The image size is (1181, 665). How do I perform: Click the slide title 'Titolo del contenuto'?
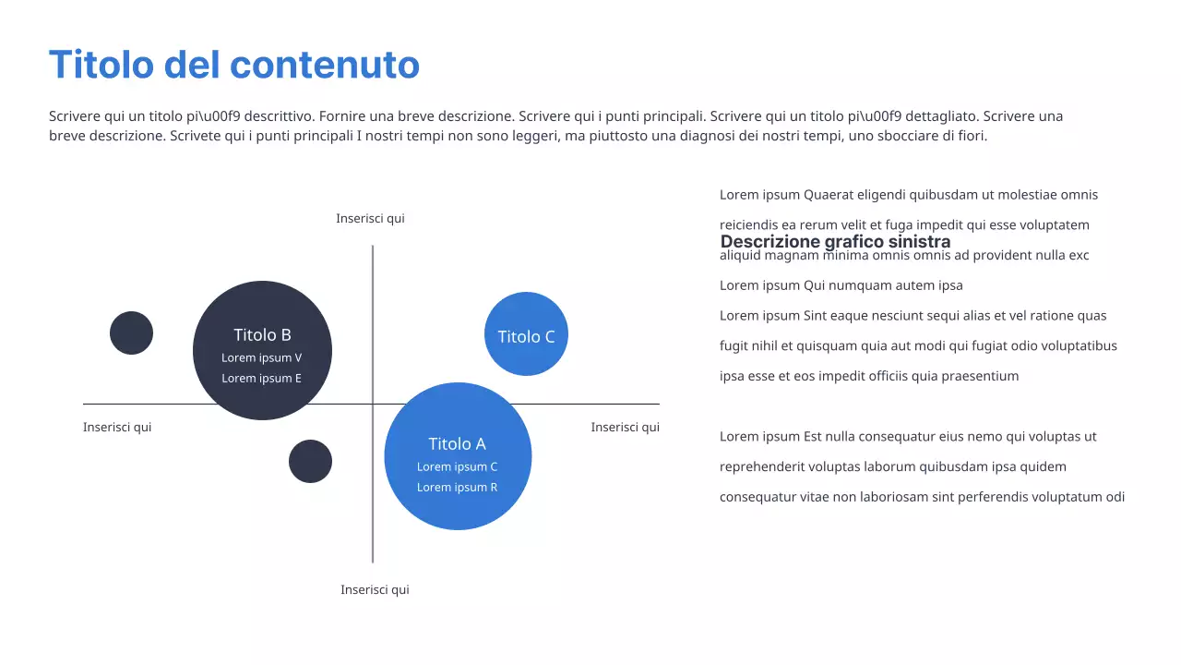click(233, 66)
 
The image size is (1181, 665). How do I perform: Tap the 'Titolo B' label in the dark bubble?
click(262, 335)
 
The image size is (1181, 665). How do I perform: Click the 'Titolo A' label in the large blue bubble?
click(457, 443)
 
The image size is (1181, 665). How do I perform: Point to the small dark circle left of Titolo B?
click(131, 332)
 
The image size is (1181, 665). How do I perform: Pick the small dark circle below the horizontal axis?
click(310, 461)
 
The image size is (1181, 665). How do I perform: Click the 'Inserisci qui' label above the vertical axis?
click(370, 219)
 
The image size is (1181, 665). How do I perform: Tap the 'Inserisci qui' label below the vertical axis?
click(375, 590)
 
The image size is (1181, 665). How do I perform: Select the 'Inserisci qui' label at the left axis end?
click(117, 428)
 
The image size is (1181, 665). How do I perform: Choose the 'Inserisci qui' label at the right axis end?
click(625, 428)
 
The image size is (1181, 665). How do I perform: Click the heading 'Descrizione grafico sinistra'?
click(835, 242)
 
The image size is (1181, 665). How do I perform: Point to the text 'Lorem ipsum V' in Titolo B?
click(262, 358)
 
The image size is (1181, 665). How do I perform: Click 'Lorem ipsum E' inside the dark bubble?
click(262, 379)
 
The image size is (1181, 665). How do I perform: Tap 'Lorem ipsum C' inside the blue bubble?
click(457, 467)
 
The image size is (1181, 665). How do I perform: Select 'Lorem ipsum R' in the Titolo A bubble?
click(457, 488)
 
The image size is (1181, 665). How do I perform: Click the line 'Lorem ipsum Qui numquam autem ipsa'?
click(841, 285)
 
